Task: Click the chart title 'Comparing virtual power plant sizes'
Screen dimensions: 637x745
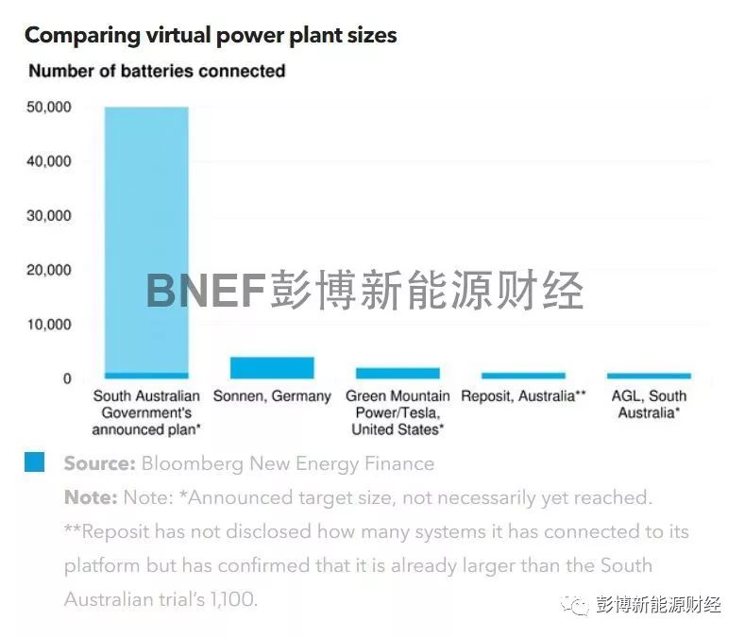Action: [x=211, y=36]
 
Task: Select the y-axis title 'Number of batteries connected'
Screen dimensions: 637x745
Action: [x=157, y=71]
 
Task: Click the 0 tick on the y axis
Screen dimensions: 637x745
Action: [x=67, y=379]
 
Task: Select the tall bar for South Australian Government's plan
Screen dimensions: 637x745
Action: [x=146, y=236]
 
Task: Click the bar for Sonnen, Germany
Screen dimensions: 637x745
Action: [x=272, y=367]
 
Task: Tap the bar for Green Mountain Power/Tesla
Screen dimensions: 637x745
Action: [x=398, y=373]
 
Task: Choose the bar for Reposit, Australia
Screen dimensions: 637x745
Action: [x=523, y=376]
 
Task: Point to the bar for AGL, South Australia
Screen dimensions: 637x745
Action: [x=649, y=376]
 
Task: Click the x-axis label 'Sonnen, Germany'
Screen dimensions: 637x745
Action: [x=272, y=396]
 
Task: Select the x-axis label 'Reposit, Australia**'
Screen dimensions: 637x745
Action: [x=523, y=396]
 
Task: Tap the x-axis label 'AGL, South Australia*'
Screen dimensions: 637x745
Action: [x=649, y=404]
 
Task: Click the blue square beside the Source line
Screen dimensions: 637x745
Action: [x=35, y=462]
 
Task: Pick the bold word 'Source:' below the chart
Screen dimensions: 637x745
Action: [x=99, y=463]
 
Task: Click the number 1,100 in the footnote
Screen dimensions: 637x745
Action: [x=228, y=599]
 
